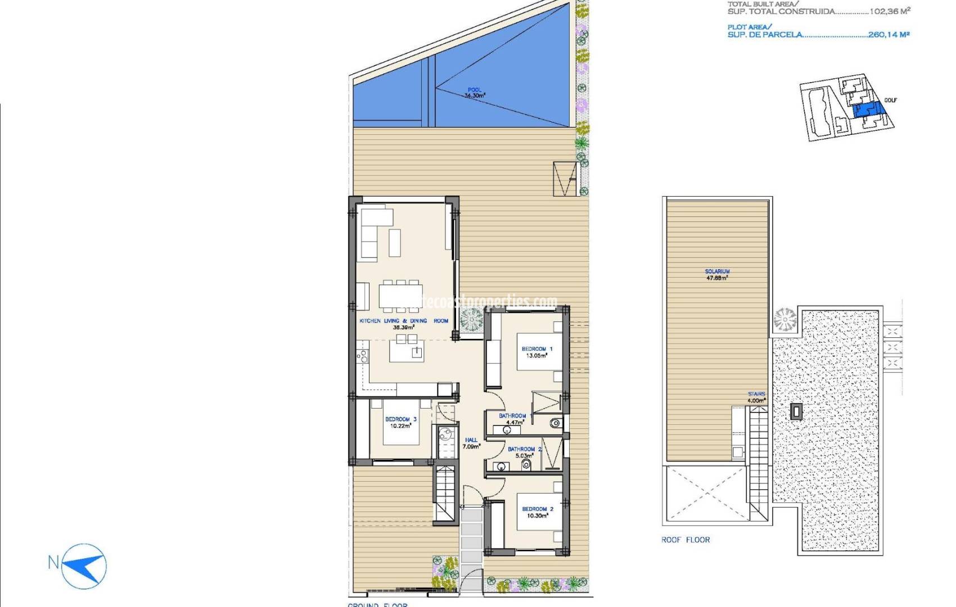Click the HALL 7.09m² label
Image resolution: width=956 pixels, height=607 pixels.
click(x=471, y=443)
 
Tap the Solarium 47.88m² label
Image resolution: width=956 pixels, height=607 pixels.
click(x=717, y=274)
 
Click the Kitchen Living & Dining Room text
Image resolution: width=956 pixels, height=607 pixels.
click(x=404, y=321)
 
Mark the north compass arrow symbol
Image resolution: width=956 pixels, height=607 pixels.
click(x=85, y=565)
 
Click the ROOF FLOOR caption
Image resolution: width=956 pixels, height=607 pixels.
click(x=686, y=540)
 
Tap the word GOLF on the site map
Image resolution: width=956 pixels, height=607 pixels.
click(x=890, y=100)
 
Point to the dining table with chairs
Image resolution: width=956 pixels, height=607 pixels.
click(x=400, y=295)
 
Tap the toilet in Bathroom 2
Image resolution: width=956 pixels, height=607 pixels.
click(x=526, y=465)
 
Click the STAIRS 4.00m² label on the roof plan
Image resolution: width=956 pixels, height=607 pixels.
click(x=756, y=397)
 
